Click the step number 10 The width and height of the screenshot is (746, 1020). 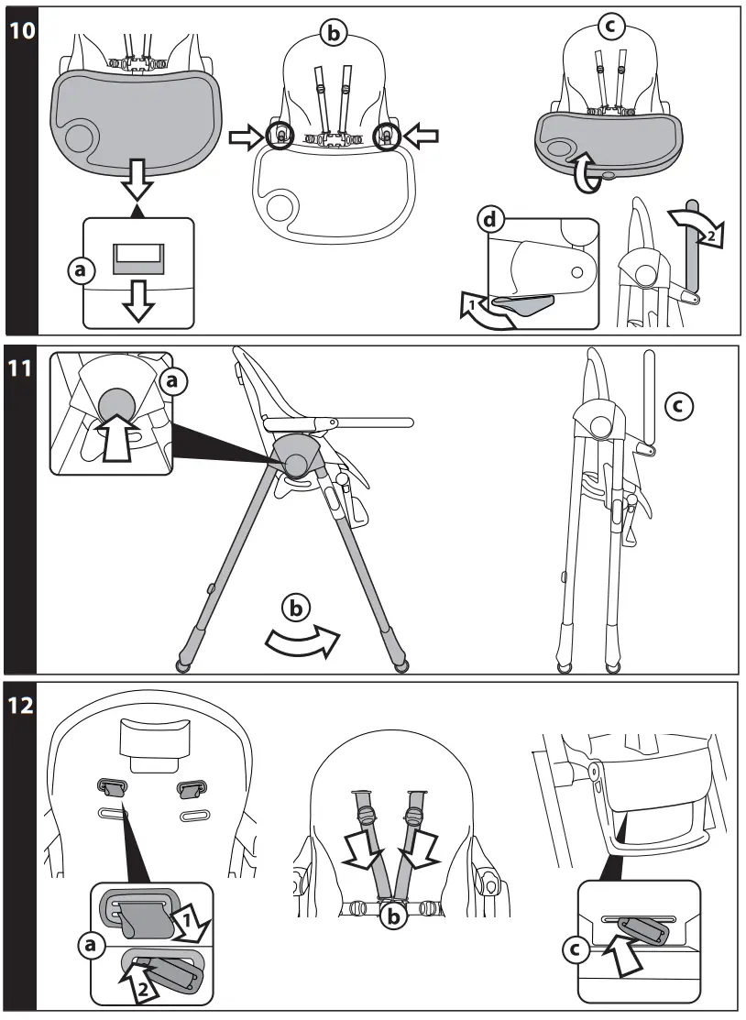click(x=21, y=29)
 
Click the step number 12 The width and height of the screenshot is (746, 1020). click(x=21, y=706)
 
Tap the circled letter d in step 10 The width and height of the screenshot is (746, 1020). click(x=491, y=220)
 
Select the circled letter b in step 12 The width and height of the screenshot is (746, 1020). click(x=395, y=916)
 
